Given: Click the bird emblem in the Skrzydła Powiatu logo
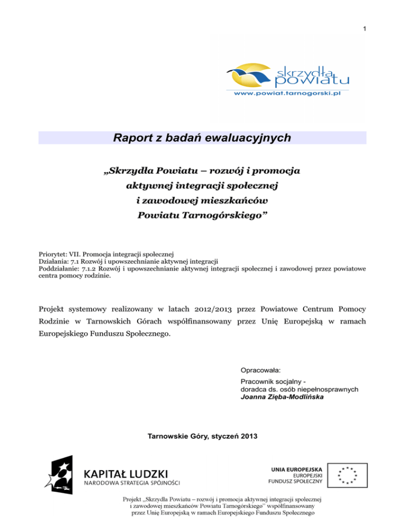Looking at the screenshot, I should coord(249,77).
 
